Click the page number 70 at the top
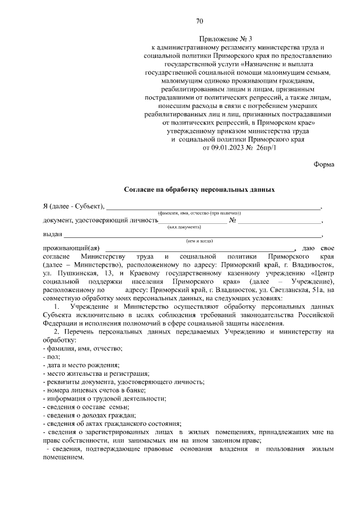199,21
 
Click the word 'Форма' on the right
323,164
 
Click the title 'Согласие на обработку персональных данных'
199,190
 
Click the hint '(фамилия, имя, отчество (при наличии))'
199,214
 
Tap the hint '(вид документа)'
184,227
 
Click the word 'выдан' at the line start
52,234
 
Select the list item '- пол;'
52,357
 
